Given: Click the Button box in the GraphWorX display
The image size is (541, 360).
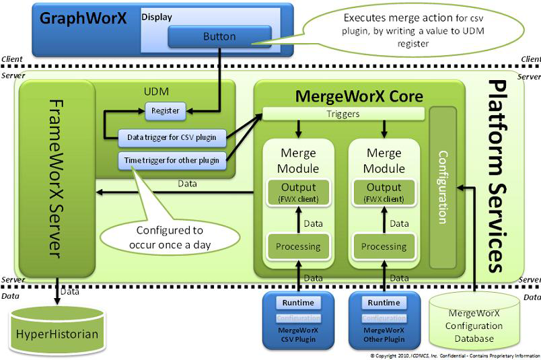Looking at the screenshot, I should (x=219, y=37).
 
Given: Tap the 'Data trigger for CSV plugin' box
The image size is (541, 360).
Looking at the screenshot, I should (x=172, y=137).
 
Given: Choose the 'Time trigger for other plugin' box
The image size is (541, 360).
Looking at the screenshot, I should (x=172, y=161).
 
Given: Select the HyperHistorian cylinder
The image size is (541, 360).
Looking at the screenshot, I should (x=58, y=333).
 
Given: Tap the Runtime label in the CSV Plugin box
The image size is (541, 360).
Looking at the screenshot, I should (x=297, y=303).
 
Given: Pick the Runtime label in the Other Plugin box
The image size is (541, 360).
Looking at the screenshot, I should (x=384, y=303).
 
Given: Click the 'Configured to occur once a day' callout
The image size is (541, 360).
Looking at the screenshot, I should (x=170, y=236).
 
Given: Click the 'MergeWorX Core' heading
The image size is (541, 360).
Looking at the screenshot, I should (x=359, y=96).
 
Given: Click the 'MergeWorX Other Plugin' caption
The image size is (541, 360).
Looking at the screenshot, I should (x=384, y=334).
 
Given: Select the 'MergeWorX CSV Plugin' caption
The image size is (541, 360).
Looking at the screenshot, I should (x=297, y=334).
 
